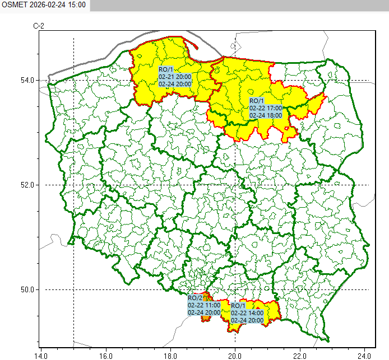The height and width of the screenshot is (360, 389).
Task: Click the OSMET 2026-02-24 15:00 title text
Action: point(44,4)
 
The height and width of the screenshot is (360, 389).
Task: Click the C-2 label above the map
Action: point(39,26)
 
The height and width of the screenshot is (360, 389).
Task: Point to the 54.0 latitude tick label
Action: point(26,80)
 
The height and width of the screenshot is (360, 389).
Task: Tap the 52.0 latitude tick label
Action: point(26,185)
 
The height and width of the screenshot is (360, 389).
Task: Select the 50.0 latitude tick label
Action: point(26,289)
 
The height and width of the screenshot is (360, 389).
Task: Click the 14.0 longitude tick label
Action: point(41,354)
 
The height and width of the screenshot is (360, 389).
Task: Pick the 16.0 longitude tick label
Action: point(106,354)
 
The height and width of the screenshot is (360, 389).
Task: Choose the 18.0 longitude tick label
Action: point(170,354)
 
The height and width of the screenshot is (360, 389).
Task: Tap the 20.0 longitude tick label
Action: point(235,354)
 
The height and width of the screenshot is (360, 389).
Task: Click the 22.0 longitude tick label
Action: point(300,354)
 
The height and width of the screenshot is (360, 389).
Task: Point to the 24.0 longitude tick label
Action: point(365,354)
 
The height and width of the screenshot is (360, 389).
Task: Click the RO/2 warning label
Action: point(194,298)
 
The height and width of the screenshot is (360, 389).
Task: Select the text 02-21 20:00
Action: point(175,77)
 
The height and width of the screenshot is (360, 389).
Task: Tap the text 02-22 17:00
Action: point(266,108)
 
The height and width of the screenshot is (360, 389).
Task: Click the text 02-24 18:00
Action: point(266,115)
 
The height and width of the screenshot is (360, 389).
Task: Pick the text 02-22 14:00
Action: point(247,313)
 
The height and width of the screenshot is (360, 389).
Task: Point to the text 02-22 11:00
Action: point(204,306)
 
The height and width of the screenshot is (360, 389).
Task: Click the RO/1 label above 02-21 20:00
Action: point(166,69)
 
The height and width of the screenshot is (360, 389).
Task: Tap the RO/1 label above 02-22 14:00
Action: point(238,306)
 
